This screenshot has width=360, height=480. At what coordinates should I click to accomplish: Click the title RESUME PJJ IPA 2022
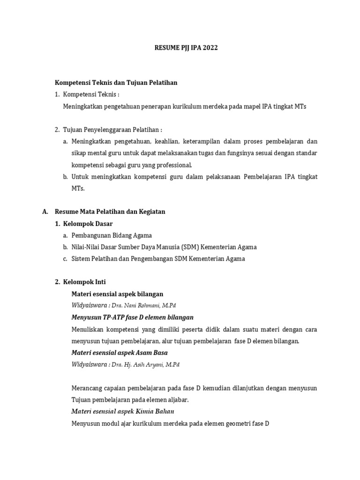(187, 48)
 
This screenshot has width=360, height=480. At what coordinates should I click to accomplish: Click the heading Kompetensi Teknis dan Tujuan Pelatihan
(116, 82)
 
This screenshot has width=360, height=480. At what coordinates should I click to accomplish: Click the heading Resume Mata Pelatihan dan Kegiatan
(110, 212)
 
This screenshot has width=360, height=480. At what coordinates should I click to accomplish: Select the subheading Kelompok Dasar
(88, 224)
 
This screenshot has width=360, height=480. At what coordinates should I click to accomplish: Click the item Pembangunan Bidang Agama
(112, 235)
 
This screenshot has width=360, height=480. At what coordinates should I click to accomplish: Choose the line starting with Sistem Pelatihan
(158, 259)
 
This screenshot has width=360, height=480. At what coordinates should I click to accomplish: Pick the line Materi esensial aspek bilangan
(117, 294)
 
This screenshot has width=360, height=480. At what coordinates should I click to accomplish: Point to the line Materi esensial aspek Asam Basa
(119, 352)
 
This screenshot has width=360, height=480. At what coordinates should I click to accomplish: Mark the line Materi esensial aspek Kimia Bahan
(122, 412)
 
